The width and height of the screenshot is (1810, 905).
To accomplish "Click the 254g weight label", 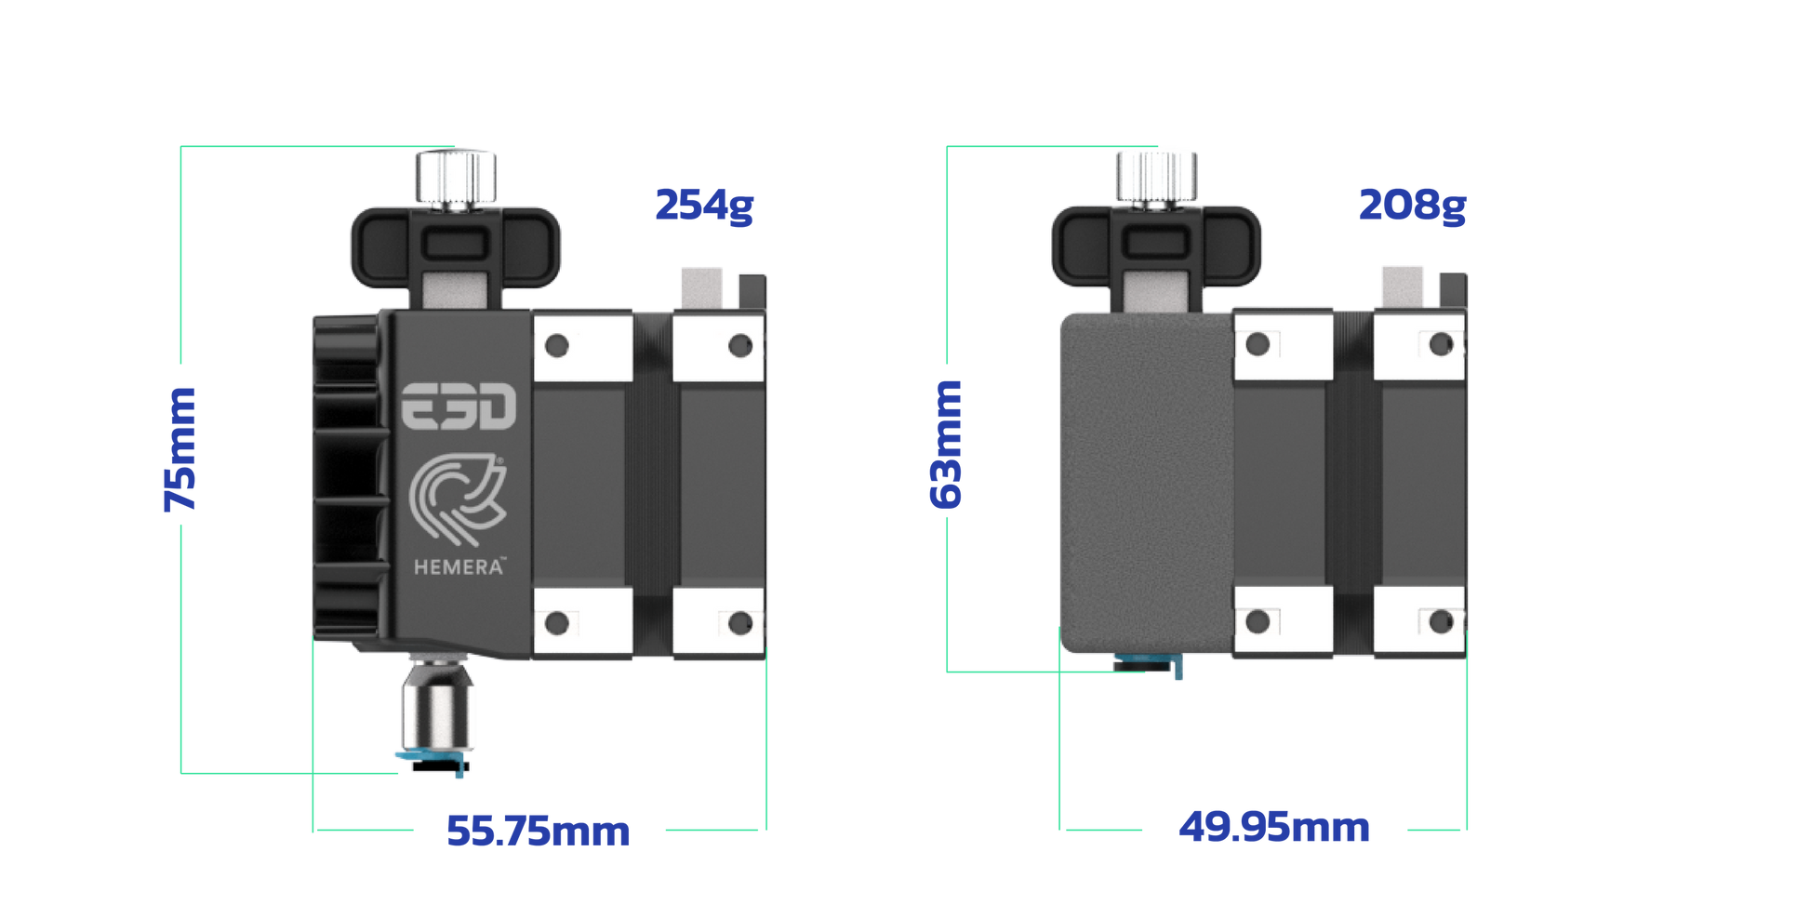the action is click(704, 206).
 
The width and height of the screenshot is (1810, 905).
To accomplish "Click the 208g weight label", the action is click(1412, 206).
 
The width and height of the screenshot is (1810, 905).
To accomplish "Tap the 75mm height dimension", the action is click(180, 449).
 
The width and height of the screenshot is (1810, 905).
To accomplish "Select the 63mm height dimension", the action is click(946, 444).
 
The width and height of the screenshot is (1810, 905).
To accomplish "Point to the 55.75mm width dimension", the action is click(539, 832).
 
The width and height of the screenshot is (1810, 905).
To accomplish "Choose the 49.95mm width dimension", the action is click(1274, 827).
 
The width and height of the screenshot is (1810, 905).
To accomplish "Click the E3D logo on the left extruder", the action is click(459, 406).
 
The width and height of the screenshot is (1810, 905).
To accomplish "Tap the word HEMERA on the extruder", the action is click(459, 567).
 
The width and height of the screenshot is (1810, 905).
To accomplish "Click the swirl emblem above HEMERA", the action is click(458, 498).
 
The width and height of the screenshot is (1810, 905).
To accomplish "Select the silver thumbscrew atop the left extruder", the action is click(456, 179).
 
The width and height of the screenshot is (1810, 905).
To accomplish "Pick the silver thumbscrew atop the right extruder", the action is click(1156, 179).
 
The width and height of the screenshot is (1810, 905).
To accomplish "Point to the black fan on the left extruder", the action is click(349, 477).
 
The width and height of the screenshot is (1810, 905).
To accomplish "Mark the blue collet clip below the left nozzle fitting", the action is click(433, 760).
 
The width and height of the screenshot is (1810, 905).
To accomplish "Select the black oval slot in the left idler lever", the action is click(455, 246).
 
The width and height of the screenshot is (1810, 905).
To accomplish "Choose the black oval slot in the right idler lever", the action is click(1155, 244).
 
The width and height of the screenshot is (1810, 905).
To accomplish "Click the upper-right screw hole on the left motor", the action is click(740, 347).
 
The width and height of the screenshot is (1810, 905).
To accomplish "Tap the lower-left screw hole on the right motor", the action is click(1258, 621).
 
